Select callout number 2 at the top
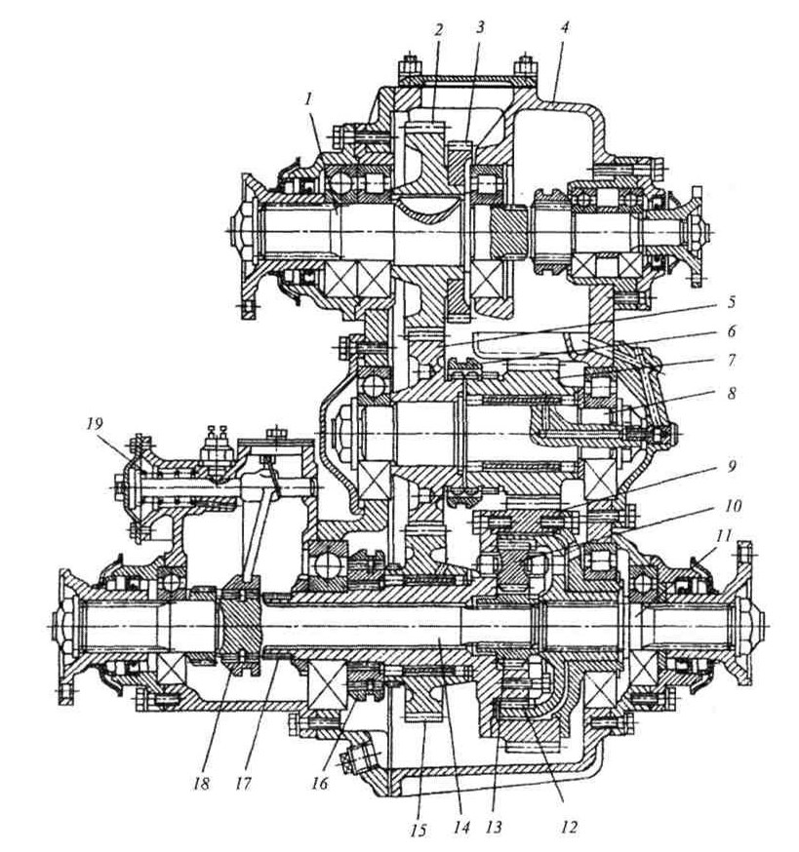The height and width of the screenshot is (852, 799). [x=440, y=30]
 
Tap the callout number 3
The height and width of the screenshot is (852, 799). [x=481, y=30]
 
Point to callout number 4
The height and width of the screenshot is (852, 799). [x=564, y=27]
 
